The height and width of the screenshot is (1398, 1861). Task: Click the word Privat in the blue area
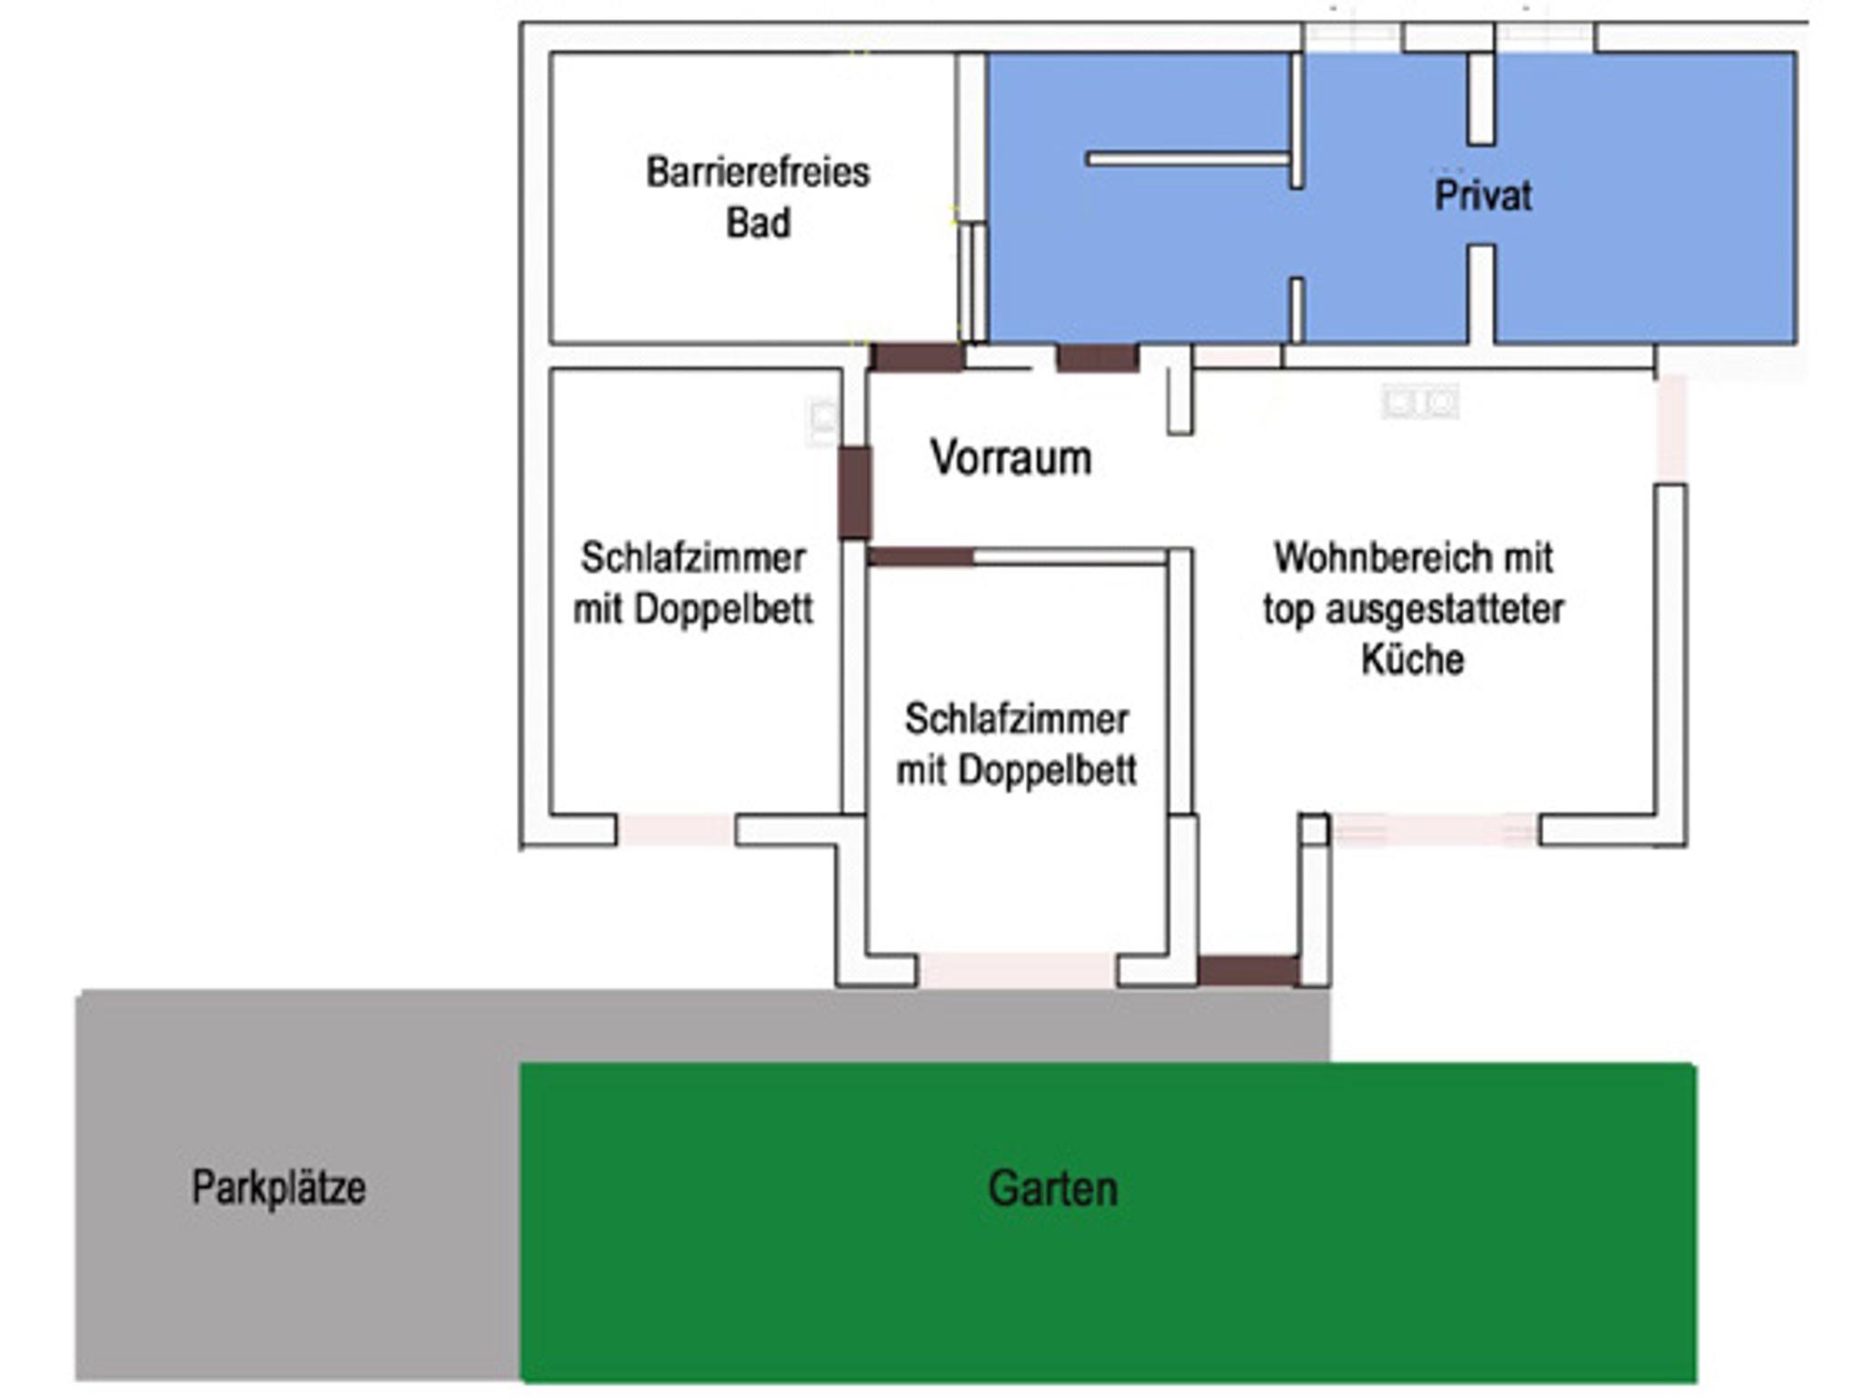[x=1482, y=195]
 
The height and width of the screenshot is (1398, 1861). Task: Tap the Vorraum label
[x=1010, y=457]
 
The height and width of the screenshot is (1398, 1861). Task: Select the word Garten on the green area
[x=1052, y=1189]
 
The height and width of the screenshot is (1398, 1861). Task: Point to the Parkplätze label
[x=278, y=1187]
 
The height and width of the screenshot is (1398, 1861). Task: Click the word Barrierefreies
[x=758, y=172]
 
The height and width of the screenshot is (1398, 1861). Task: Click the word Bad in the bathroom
[x=758, y=223]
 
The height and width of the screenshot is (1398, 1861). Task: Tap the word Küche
[x=1412, y=659]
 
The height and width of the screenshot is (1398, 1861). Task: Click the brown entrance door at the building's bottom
[x=1248, y=970]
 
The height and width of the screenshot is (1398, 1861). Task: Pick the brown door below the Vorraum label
[x=921, y=556]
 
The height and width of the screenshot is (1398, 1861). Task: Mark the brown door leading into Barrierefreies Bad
[x=916, y=357]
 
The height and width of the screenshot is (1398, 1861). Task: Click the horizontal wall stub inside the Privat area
[x=1189, y=160]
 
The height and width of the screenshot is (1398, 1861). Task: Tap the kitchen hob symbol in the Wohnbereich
[x=1420, y=401]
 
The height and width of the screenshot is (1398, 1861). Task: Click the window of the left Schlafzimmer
[x=675, y=829]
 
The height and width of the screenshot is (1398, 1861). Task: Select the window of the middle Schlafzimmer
[x=1016, y=969]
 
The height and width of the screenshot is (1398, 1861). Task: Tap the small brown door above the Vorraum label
[x=1097, y=357]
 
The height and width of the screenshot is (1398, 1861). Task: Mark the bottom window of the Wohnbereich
[x=1433, y=829]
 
